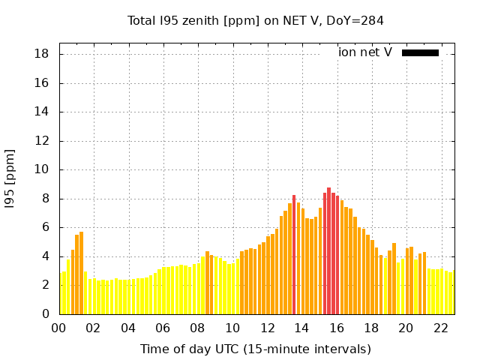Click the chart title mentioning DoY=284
pos(256,21)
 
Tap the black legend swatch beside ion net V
pos(420,52)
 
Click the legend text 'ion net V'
pos(365,52)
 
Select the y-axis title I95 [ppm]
pos(10,178)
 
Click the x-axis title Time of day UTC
pos(256,349)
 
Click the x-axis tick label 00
pos(59,328)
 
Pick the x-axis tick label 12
pos(268,328)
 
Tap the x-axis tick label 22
pos(441,328)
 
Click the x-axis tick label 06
pos(163,328)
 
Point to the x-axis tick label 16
pos(337,328)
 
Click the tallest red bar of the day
pos(328,251)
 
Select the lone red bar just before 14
pos(294,255)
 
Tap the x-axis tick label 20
pos(406,328)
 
